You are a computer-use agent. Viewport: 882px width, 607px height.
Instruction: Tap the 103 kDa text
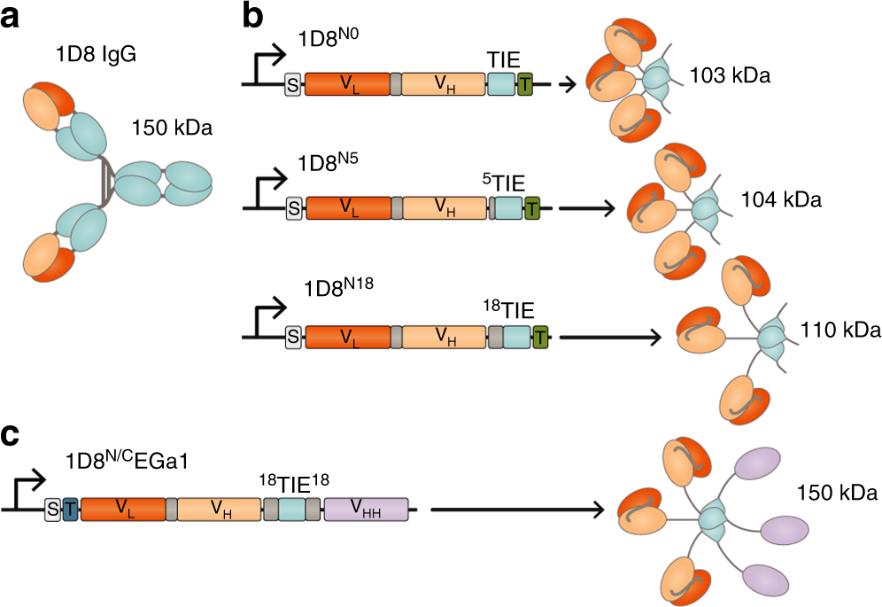[731, 76]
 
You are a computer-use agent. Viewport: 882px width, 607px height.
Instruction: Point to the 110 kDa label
[840, 331]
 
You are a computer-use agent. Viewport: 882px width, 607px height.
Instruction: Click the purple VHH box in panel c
[366, 509]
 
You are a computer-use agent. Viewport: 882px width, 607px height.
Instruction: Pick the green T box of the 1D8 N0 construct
[525, 84]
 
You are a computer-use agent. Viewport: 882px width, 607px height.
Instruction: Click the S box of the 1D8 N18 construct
[293, 337]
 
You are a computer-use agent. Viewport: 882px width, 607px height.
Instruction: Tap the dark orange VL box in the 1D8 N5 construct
[347, 209]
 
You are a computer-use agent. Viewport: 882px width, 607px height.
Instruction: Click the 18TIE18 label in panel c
[294, 483]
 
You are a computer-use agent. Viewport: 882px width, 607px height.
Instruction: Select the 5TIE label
[504, 183]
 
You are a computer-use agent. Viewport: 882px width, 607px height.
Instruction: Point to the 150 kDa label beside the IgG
[172, 128]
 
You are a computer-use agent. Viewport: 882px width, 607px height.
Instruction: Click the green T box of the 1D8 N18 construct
[539, 337]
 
